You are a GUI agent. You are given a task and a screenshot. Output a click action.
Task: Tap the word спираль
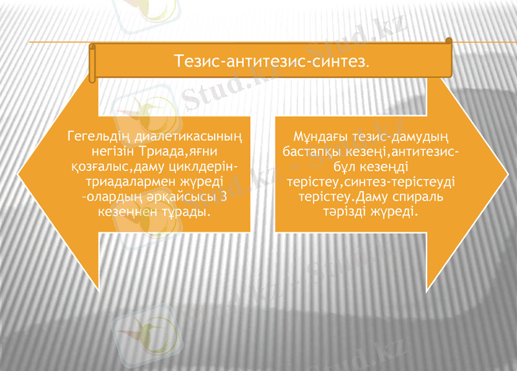[x=419, y=196]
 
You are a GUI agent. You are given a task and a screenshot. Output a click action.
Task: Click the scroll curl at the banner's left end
[x=92, y=63]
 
